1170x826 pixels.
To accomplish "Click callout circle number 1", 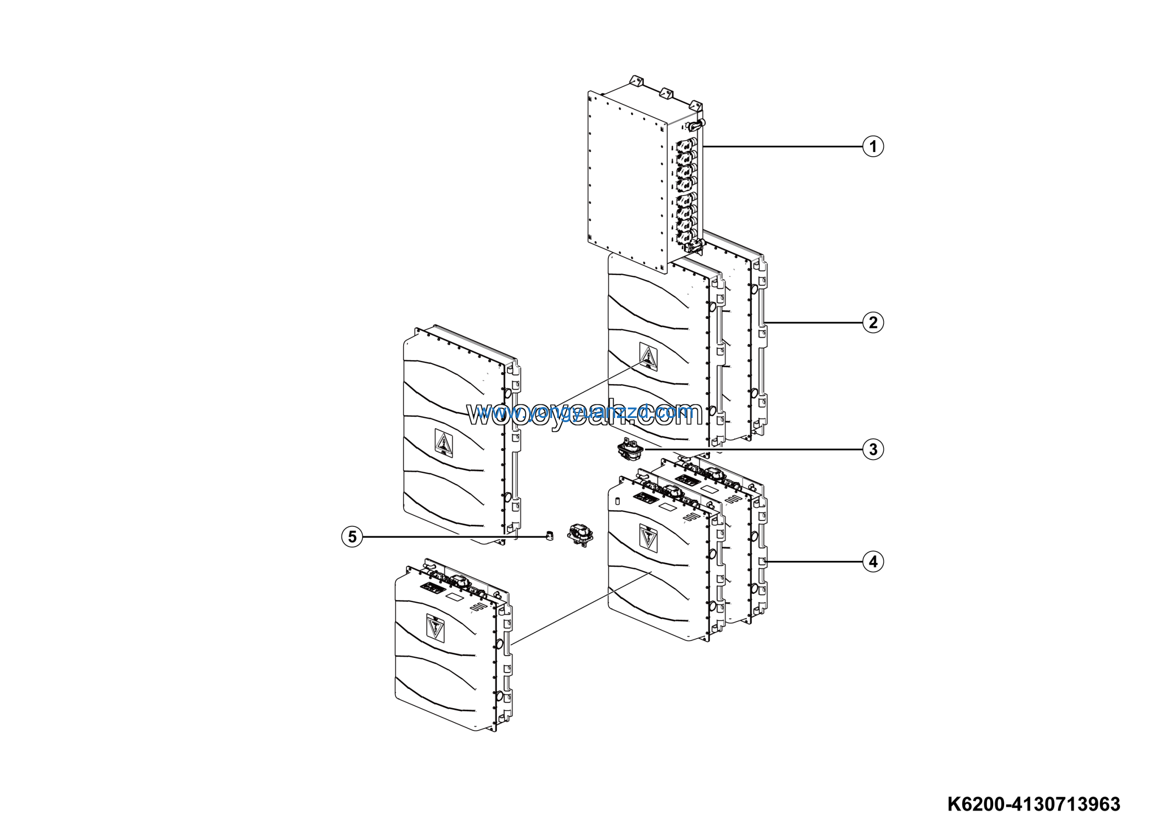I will [x=873, y=146].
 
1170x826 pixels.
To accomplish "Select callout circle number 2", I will [x=873, y=323].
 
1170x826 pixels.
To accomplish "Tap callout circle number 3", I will [x=873, y=449].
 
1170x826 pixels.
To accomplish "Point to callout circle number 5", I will [x=352, y=537].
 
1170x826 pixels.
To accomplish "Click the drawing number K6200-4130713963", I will [x=1033, y=804].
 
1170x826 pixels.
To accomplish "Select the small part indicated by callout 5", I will [x=549, y=535].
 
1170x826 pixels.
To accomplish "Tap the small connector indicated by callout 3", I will [x=630, y=450].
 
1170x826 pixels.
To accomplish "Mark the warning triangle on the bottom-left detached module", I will [x=435, y=626].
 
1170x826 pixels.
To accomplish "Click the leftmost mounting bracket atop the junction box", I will [x=635, y=81].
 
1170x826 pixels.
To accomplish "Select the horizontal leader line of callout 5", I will [x=453, y=537].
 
